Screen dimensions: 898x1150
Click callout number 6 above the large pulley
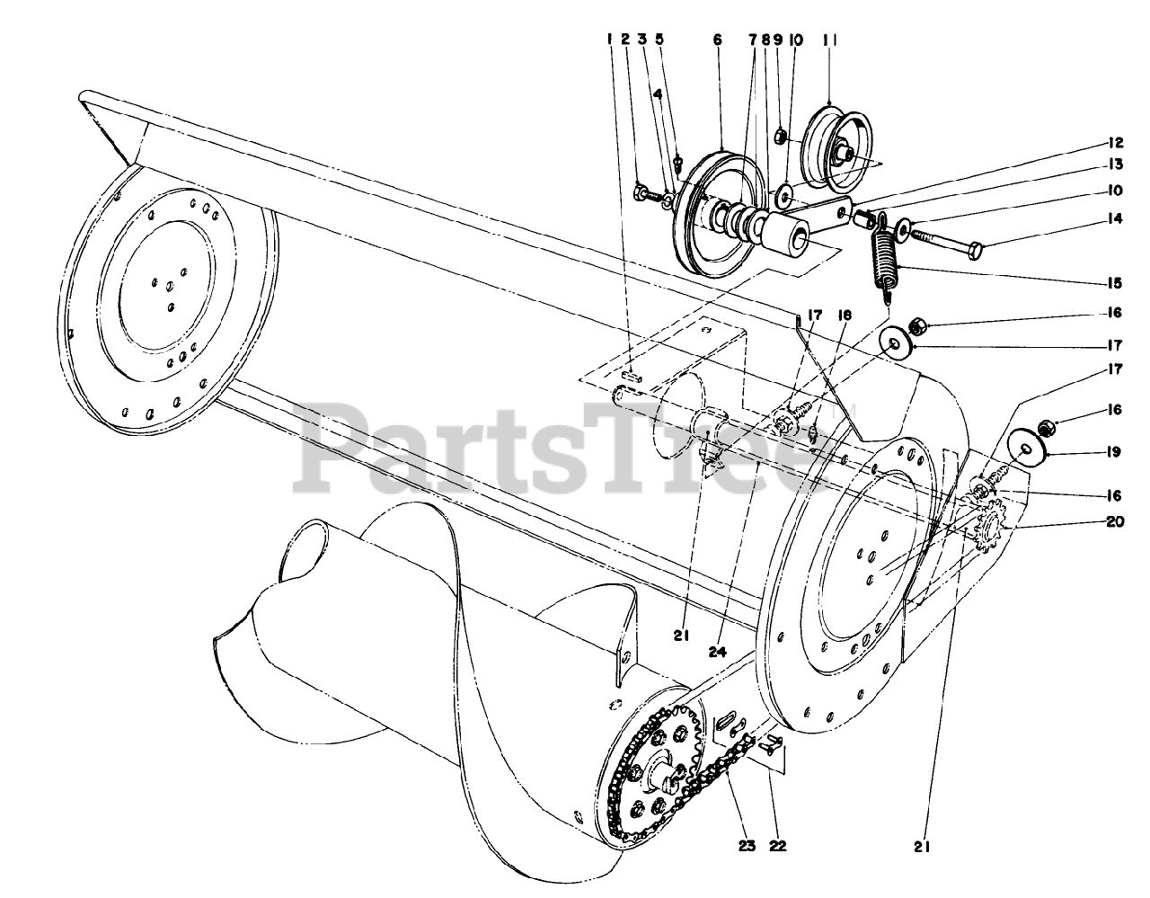click(x=717, y=40)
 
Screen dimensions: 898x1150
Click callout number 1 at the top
click(x=608, y=40)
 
